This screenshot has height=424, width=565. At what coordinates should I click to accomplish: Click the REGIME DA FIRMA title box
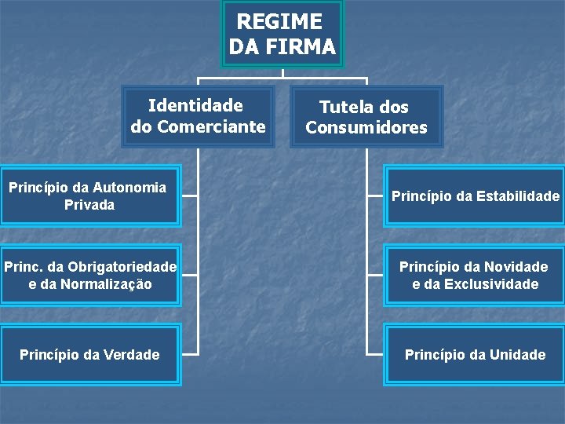click(282, 35)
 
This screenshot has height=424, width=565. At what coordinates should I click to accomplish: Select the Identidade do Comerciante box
click(198, 116)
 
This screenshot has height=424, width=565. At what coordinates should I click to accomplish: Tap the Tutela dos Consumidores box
click(366, 117)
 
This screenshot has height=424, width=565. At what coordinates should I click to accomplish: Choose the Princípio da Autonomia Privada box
click(89, 196)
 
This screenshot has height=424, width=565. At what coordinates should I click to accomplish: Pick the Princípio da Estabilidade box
click(474, 196)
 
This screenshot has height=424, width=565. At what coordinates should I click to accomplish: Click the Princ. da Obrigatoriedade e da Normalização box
click(89, 275)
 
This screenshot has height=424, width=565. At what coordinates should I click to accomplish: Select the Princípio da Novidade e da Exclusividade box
click(474, 275)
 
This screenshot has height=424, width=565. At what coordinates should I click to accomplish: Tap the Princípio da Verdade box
click(89, 355)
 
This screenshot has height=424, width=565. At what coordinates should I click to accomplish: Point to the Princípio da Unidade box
click(474, 355)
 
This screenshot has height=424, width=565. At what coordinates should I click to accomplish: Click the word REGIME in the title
click(279, 21)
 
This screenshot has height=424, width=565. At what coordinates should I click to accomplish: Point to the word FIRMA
click(301, 46)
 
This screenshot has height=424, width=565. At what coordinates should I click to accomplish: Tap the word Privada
click(90, 205)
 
